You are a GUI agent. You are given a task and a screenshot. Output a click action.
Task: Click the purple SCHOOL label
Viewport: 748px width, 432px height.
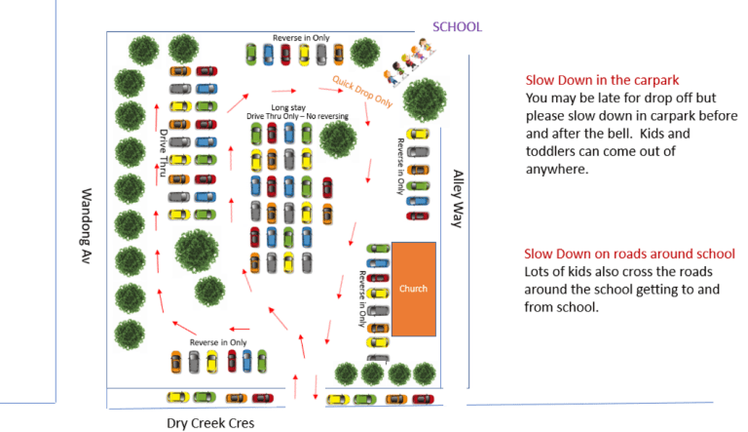click(x=457, y=26)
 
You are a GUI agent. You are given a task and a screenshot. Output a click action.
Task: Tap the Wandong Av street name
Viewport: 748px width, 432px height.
click(x=86, y=225)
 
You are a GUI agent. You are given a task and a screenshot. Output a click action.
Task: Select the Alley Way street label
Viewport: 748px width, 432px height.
click(x=458, y=198)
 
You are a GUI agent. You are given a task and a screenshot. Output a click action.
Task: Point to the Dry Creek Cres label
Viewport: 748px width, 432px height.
click(x=210, y=423)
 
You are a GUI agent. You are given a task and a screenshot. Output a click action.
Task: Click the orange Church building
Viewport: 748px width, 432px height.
click(x=414, y=289)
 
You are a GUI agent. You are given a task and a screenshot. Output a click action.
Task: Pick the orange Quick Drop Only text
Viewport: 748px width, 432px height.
click(x=362, y=91)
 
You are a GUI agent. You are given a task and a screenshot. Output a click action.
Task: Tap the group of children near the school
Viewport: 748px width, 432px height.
click(x=410, y=62)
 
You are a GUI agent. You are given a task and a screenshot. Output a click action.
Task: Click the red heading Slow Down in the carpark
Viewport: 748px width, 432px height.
click(x=602, y=80)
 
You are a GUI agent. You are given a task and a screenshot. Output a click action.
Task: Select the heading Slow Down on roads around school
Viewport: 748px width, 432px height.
click(x=629, y=254)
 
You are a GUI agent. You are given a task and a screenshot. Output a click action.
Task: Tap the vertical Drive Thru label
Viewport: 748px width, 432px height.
click(x=164, y=153)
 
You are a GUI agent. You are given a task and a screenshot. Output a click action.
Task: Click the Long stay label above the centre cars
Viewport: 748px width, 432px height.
click(x=288, y=107)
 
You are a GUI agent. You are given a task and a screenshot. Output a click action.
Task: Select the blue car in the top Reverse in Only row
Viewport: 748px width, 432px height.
click(x=268, y=55)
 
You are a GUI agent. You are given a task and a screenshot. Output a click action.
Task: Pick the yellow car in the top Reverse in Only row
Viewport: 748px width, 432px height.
click(x=304, y=55)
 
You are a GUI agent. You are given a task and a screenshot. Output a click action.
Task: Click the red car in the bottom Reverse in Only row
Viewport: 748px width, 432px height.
click(x=232, y=361)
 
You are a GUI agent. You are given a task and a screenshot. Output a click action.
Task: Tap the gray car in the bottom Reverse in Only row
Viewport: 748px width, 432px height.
click(x=194, y=362)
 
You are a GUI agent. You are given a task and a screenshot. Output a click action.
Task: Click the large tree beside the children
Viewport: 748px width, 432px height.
click(x=425, y=100)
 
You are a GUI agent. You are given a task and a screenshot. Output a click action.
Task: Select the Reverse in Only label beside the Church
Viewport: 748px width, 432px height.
click(x=362, y=298)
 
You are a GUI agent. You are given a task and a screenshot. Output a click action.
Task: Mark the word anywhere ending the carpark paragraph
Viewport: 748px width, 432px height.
click(x=557, y=169)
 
